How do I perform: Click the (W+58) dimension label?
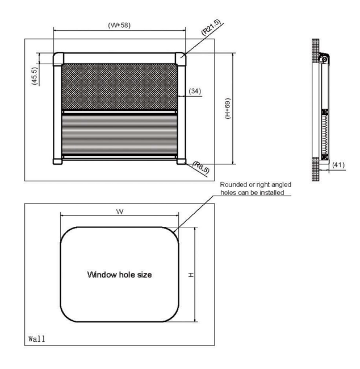119,26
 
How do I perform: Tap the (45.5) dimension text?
35,76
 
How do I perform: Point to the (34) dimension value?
194,90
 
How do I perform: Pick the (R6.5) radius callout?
201,167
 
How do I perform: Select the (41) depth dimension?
338,165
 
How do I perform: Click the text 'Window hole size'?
119,275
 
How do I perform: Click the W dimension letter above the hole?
119,212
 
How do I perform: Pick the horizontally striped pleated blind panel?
119,132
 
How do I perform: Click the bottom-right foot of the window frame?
181,161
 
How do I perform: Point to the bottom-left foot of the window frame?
57,161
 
